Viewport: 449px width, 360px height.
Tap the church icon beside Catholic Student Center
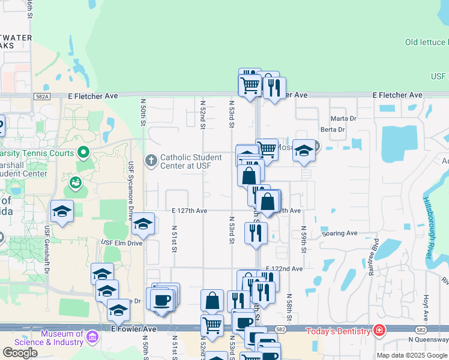151,161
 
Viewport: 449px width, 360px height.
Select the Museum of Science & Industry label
62,338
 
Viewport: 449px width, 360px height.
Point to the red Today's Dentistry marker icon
379,331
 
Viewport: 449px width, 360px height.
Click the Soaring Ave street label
339,233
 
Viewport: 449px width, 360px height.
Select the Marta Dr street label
343,118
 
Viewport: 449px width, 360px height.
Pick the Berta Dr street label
333,130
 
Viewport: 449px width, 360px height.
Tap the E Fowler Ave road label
134,329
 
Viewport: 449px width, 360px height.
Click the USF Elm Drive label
121,243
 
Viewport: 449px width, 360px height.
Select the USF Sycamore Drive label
130,191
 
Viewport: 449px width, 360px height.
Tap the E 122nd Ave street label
285,269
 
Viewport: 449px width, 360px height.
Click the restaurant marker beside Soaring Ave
256,232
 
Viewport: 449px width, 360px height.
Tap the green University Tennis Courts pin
84,152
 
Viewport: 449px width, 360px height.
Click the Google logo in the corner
20,353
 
